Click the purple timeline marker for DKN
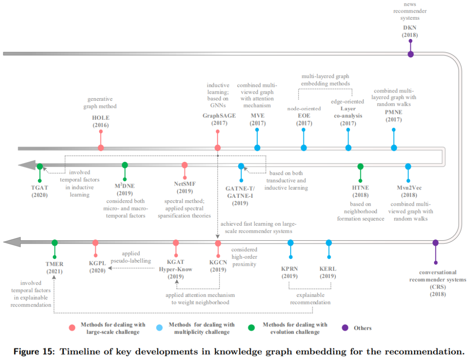click(x=410, y=54)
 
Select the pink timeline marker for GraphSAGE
click(x=217, y=148)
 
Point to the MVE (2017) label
click(x=258, y=119)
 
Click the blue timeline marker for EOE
click(x=304, y=148)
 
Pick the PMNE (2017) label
click(x=393, y=116)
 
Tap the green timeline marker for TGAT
click(x=39, y=167)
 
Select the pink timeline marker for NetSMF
click(x=185, y=165)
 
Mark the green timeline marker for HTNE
click(x=360, y=167)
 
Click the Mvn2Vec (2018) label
click(x=408, y=191)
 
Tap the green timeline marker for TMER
click(x=54, y=242)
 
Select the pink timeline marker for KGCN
click(x=218, y=243)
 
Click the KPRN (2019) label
click(x=289, y=273)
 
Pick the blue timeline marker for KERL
click(x=329, y=242)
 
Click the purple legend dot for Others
click(x=345, y=328)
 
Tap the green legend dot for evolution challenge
click(x=251, y=328)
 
